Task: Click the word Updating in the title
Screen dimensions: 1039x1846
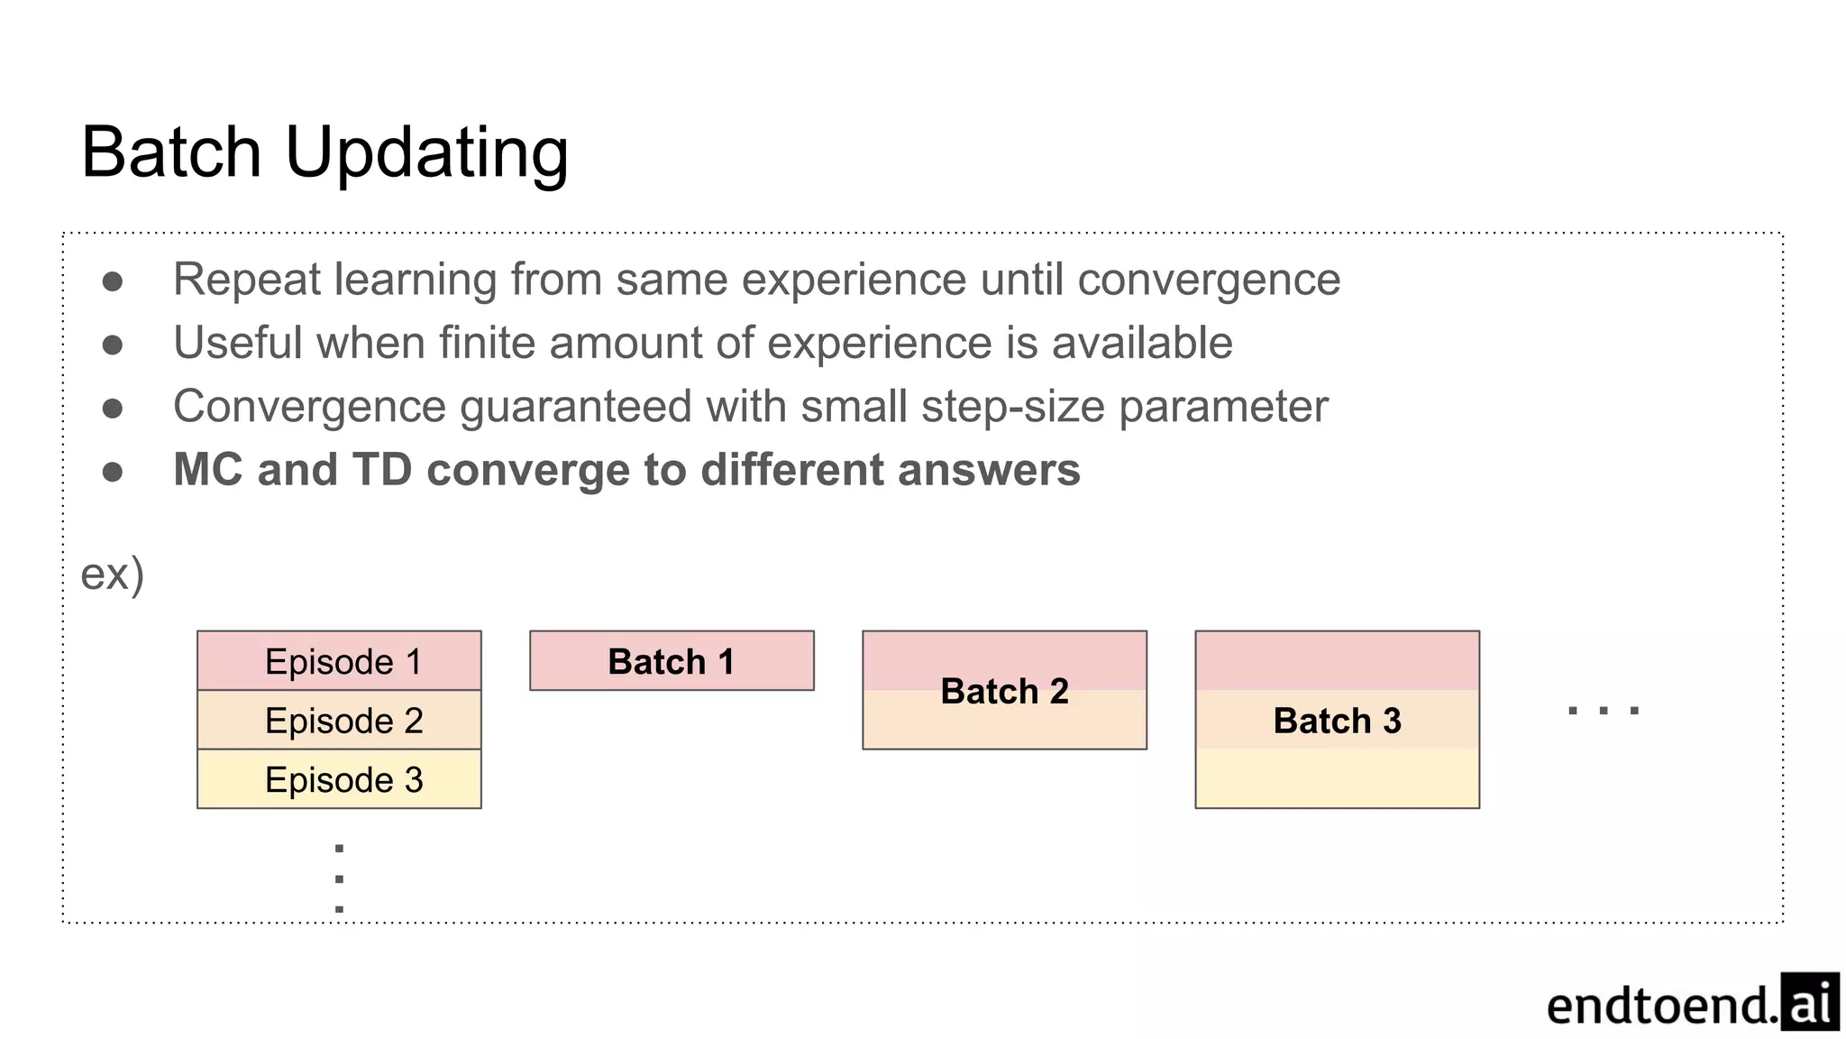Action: click(x=426, y=153)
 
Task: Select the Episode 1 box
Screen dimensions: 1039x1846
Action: click(x=339, y=661)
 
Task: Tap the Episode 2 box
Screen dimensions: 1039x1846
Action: click(x=339, y=720)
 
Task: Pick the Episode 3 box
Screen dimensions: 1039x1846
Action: click(x=339, y=779)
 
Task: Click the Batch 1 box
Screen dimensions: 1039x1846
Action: click(x=672, y=661)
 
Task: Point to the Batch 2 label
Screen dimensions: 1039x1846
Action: click(x=1004, y=691)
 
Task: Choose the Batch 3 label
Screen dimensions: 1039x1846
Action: click(x=1337, y=721)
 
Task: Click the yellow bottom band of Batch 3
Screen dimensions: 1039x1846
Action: click(x=1337, y=779)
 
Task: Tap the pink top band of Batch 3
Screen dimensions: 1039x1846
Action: click(x=1337, y=660)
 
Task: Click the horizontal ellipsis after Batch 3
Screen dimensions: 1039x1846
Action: click(x=1604, y=711)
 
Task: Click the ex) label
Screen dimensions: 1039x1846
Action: click(x=113, y=575)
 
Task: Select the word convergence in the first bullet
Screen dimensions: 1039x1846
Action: click(x=1209, y=280)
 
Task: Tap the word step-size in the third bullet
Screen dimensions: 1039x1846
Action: click(x=1013, y=407)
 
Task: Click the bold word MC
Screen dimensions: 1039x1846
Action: click(x=207, y=470)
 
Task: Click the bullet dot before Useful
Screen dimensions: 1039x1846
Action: click(x=113, y=345)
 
